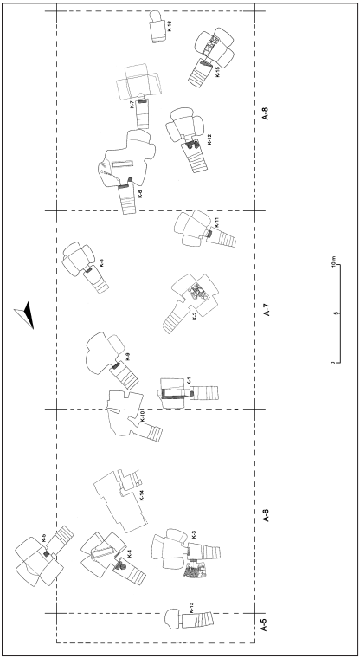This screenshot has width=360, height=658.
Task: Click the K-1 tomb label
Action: click(x=189, y=381)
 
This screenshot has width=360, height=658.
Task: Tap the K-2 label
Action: click(x=195, y=316)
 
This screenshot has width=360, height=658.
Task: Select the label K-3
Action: click(x=194, y=534)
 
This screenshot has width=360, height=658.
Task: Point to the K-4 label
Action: click(x=130, y=553)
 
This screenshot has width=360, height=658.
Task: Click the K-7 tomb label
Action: click(x=132, y=105)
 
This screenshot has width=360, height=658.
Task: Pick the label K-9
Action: click(x=128, y=357)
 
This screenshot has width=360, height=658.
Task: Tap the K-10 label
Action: click(x=143, y=416)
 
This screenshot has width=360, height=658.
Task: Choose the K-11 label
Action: click(x=217, y=223)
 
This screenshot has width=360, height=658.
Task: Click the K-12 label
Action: click(x=209, y=139)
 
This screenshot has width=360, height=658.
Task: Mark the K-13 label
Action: click(x=191, y=608)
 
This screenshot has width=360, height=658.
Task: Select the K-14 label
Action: click(x=142, y=496)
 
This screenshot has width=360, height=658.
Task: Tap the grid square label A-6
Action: click(x=265, y=515)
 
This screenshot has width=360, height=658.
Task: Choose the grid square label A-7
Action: click(x=265, y=311)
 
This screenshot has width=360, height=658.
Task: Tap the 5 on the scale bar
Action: click(x=334, y=313)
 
